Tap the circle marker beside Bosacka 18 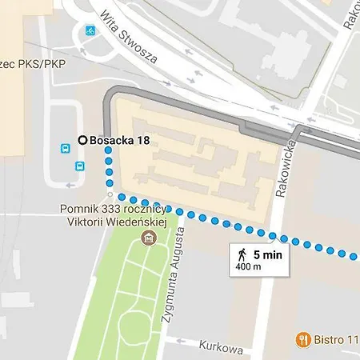[82, 140]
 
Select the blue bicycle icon [90, 33]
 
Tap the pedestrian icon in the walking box [242, 254]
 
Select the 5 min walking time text [267, 254]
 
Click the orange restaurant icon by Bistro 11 [303, 338]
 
